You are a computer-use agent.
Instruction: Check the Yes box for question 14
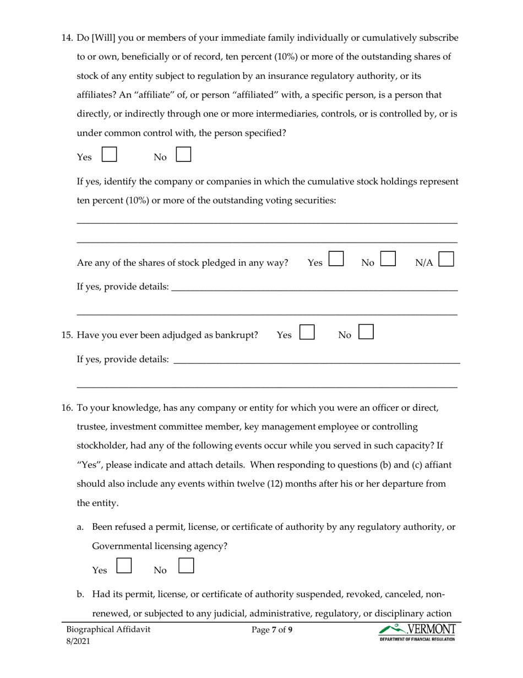click(x=110, y=154)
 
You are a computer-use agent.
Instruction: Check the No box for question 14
click(x=183, y=154)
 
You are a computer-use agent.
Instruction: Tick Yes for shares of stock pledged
click(x=336, y=260)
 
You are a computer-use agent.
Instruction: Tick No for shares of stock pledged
click(x=388, y=260)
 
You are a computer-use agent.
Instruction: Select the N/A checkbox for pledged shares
click(x=446, y=260)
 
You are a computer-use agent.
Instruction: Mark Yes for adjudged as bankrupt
click(x=307, y=331)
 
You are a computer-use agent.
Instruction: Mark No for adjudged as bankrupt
click(x=366, y=331)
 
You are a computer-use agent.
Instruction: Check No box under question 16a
click(x=187, y=566)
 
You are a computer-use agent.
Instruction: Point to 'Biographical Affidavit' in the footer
click(x=108, y=629)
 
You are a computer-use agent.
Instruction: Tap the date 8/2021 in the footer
click(x=78, y=641)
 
